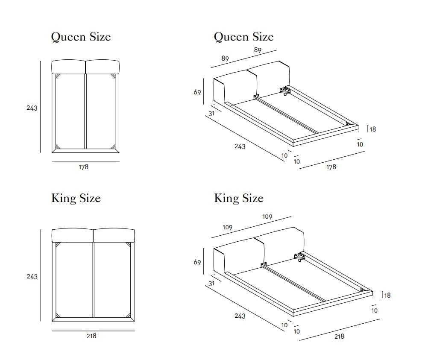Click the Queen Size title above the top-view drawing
[x=81, y=37]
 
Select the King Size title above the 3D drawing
[x=239, y=198]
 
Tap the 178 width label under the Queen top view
[x=83, y=167]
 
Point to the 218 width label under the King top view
[x=91, y=336]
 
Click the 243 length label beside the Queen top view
[x=32, y=108]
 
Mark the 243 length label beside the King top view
[x=32, y=277]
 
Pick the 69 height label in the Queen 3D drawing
[x=197, y=92]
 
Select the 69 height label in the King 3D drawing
[x=197, y=263]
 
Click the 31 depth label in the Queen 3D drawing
[x=211, y=114]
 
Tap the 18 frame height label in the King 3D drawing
[x=387, y=295]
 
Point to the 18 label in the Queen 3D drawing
[x=372, y=129]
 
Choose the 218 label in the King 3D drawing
[x=339, y=337]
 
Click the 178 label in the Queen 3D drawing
[x=331, y=167]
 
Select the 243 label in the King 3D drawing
[x=240, y=316]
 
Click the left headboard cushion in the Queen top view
[x=68, y=67]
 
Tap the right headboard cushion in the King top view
[x=114, y=236]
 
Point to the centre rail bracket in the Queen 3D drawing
[x=257, y=97]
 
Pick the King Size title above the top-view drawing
[x=76, y=198]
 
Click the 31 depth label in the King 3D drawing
[x=211, y=283]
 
